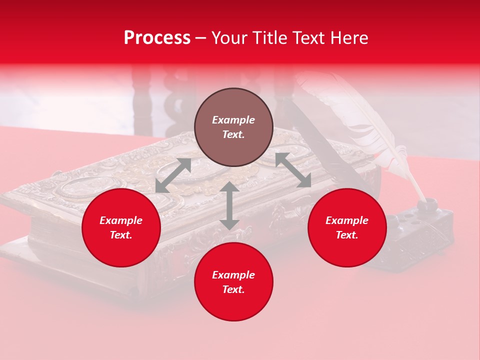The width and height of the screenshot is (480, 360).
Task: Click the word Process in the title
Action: click(157, 38)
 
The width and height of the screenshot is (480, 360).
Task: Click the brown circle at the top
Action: click(233, 127)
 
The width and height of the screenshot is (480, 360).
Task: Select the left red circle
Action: click(121, 228)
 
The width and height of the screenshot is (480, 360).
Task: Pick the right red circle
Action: click(347, 228)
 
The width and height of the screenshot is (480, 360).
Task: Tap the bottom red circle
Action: click(233, 282)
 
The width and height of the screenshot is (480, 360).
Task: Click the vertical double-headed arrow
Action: click(229, 205)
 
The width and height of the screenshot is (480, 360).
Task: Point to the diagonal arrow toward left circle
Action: click(173, 175)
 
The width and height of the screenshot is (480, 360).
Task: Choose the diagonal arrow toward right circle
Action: click(293, 170)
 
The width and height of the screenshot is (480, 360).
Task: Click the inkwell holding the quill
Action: click(425, 220)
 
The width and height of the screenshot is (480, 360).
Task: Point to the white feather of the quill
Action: click(360, 120)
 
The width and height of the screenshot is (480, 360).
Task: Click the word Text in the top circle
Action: click(233, 135)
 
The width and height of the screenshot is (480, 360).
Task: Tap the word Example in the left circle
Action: click(121, 220)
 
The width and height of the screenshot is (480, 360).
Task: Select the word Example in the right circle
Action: click(347, 220)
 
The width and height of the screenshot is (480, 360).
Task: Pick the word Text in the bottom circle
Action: click(233, 289)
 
